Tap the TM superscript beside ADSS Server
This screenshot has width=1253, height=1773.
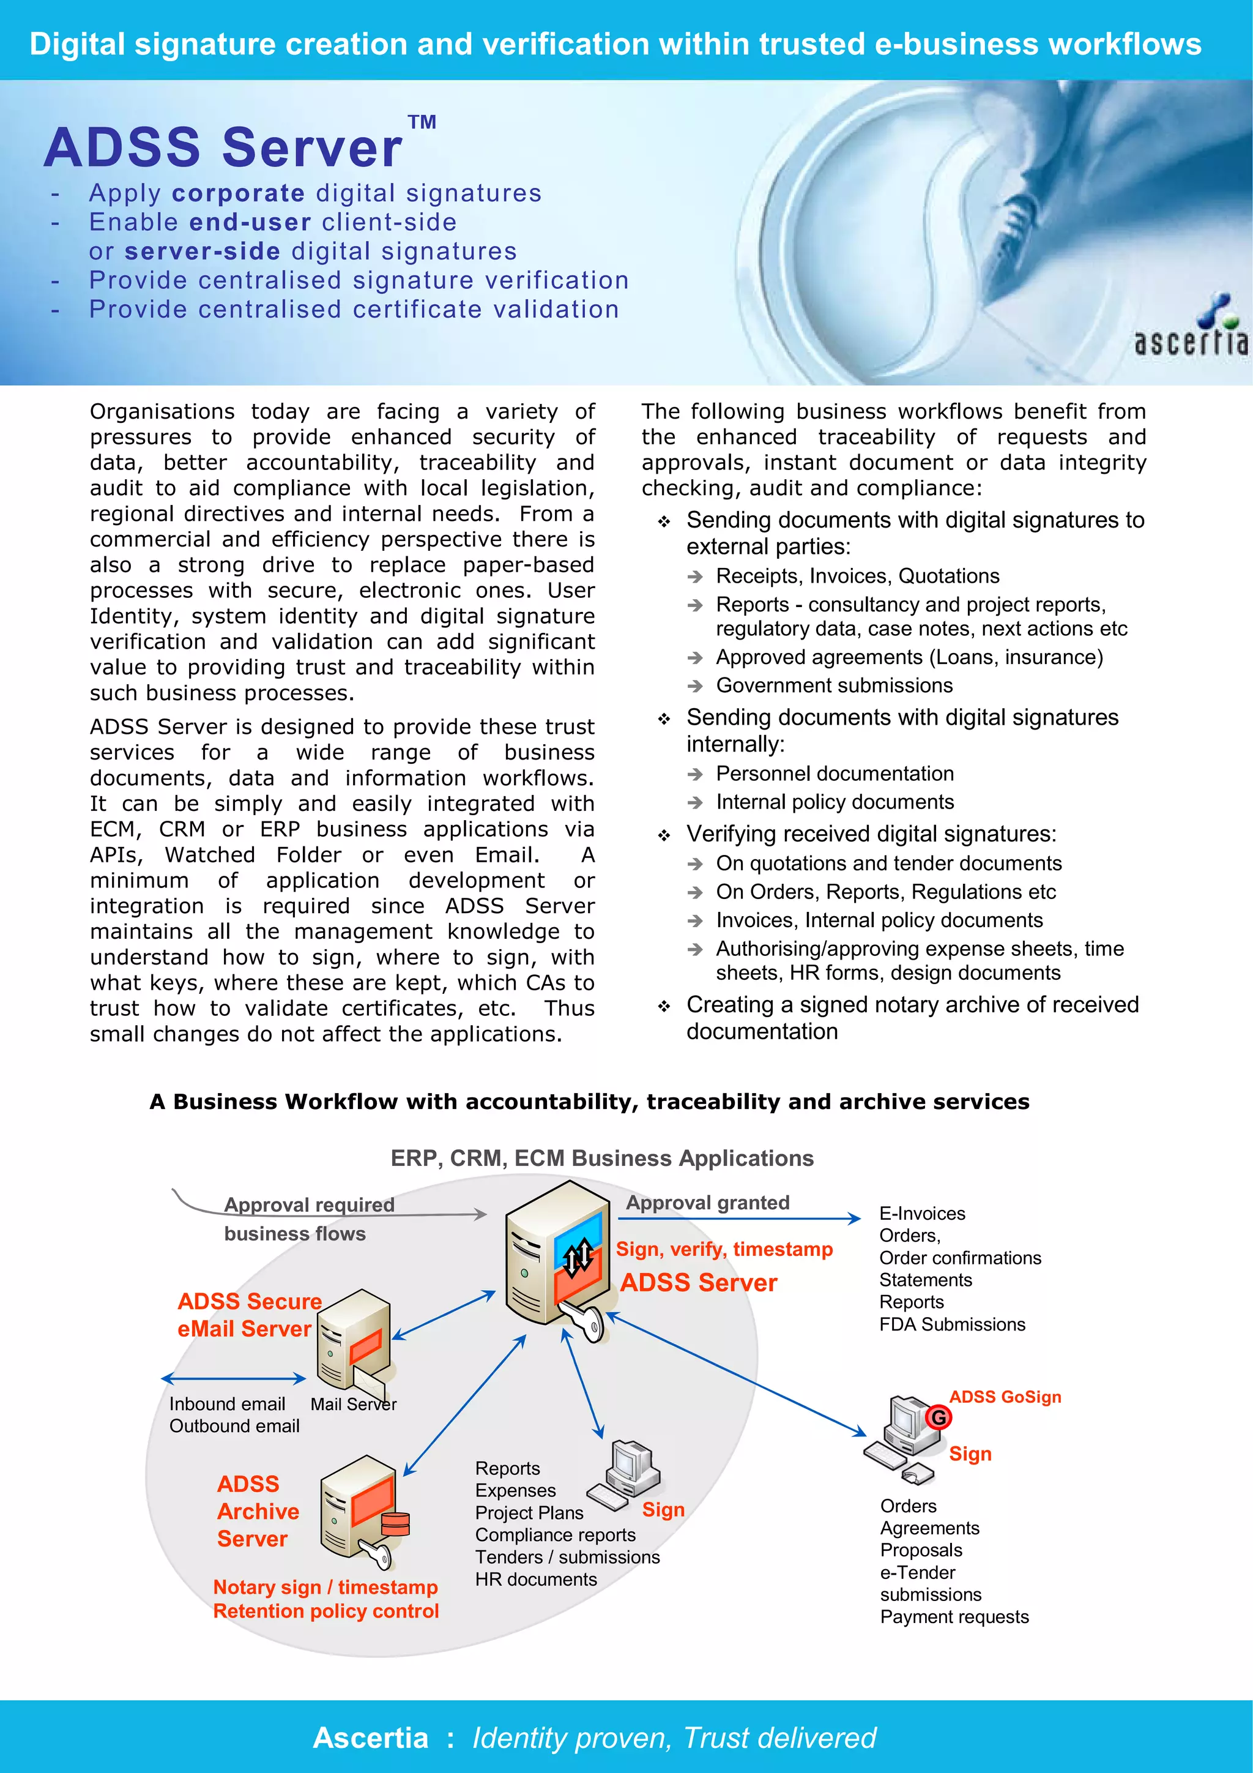[422, 122]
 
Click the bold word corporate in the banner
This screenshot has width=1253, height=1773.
[239, 193]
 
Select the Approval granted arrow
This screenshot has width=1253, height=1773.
[739, 1219]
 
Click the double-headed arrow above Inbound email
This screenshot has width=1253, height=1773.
[234, 1378]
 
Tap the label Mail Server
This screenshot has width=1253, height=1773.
[353, 1404]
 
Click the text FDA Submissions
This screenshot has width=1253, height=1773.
[952, 1324]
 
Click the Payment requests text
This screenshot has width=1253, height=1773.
[954, 1616]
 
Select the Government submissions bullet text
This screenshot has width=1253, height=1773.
[834, 685]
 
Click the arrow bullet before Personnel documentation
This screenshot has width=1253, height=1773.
[695, 775]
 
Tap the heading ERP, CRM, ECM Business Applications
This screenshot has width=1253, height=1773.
[601, 1159]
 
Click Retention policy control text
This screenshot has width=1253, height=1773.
[326, 1611]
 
